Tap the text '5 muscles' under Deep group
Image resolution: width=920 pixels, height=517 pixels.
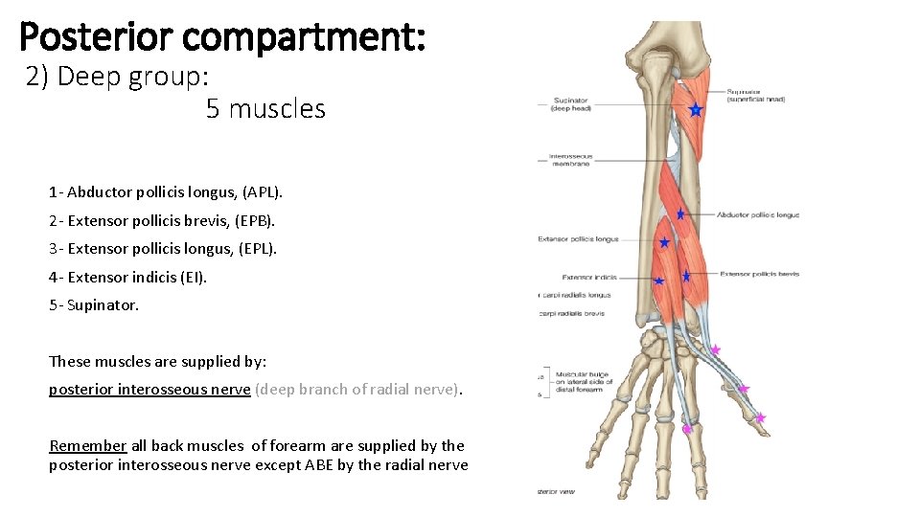coord(265,109)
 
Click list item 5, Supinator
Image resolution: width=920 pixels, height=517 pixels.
coord(94,305)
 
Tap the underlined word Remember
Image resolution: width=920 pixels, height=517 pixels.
coord(87,445)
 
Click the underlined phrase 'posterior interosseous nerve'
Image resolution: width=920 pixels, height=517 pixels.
coord(149,390)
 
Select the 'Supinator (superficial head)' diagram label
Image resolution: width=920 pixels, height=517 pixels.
coord(756,95)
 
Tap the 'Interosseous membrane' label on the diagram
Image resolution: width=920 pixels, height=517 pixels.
coord(571,161)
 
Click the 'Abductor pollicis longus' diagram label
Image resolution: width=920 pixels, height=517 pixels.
coord(758,215)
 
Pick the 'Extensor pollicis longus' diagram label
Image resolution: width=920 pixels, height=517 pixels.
coord(578,239)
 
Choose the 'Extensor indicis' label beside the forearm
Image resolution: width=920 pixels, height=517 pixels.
coord(588,278)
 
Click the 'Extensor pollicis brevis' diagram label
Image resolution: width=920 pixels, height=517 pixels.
coord(760,274)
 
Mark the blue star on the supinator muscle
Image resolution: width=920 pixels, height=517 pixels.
coord(696,111)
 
